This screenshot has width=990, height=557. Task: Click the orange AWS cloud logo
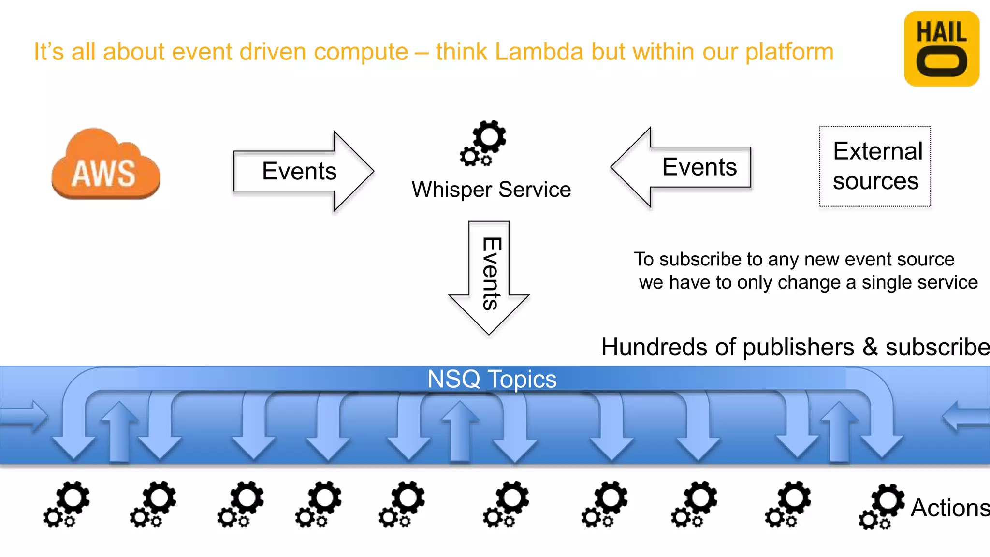tap(106, 164)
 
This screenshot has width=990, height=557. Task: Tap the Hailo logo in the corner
tap(941, 49)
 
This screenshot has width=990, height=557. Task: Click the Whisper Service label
tap(491, 190)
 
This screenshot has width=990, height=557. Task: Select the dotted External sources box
tap(875, 166)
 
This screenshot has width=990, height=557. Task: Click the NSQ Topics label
tap(492, 379)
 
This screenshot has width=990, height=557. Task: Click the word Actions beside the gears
tap(949, 508)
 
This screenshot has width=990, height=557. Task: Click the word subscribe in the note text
tap(698, 260)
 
